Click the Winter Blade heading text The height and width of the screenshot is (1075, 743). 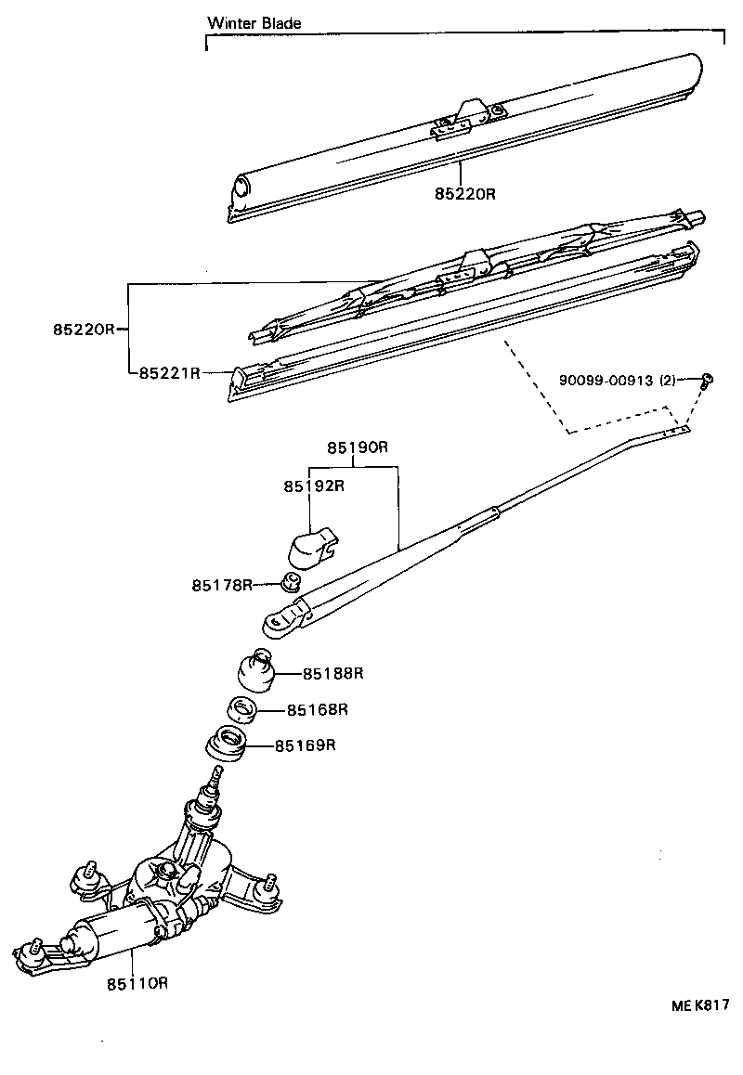(254, 23)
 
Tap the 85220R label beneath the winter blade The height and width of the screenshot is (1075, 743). (465, 195)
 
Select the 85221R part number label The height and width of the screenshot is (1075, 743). (170, 373)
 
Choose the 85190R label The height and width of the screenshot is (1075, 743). (357, 447)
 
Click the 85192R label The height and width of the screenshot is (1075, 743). (314, 486)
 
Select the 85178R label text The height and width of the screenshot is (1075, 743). (222, 585)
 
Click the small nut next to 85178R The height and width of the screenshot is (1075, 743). (289, 583)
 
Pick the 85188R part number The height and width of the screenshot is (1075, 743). (332, 673)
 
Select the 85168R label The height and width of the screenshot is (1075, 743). (317, 710)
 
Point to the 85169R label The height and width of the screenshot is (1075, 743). (304, 745)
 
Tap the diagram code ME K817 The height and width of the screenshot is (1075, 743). (700, 1004)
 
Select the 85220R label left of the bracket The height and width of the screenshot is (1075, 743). (83, 329)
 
